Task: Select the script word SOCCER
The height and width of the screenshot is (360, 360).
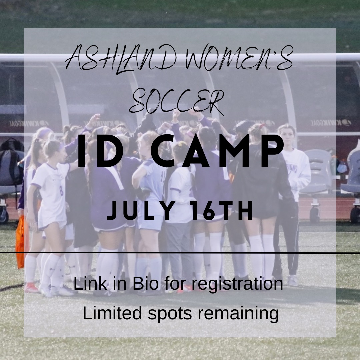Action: (177, 100)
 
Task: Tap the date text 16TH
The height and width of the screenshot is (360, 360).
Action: (220, 212)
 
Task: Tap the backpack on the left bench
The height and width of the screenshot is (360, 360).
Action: (12, 157)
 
